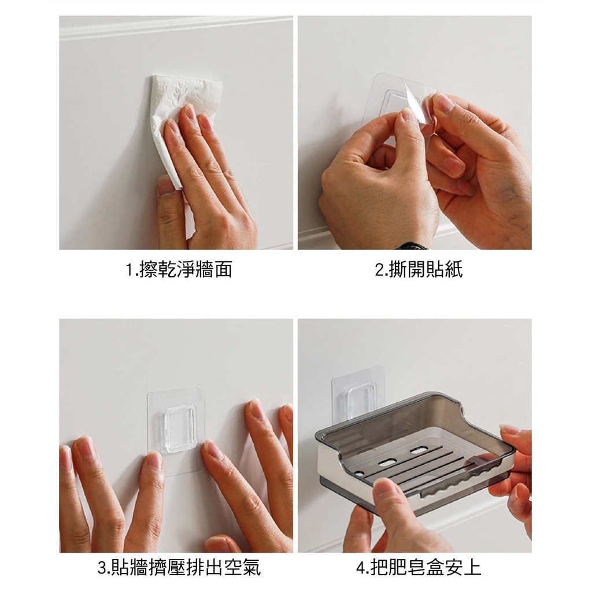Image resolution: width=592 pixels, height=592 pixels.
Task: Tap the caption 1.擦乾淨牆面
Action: [x=179, y=269]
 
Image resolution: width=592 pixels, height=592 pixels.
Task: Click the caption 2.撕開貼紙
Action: [x=419, y=269]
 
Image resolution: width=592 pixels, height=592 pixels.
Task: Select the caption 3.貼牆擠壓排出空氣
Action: [x=179, y=568]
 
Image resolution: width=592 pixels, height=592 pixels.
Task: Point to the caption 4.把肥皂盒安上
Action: [x=419, y=568]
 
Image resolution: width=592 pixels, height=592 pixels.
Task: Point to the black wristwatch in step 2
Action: [x=415, y=246]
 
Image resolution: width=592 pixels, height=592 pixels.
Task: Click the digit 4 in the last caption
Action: [x=361, y=568]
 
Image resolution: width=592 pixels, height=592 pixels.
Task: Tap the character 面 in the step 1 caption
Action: [x=223, y=269]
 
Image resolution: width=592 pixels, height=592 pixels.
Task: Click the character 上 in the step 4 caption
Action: [x=472, y=568]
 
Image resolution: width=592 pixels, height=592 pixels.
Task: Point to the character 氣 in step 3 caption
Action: [x=252, y=568]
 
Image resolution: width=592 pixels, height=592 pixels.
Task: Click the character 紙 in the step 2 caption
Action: [x=454, y=269]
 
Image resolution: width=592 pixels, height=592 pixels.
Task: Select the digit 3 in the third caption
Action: [x=102, y=568]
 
